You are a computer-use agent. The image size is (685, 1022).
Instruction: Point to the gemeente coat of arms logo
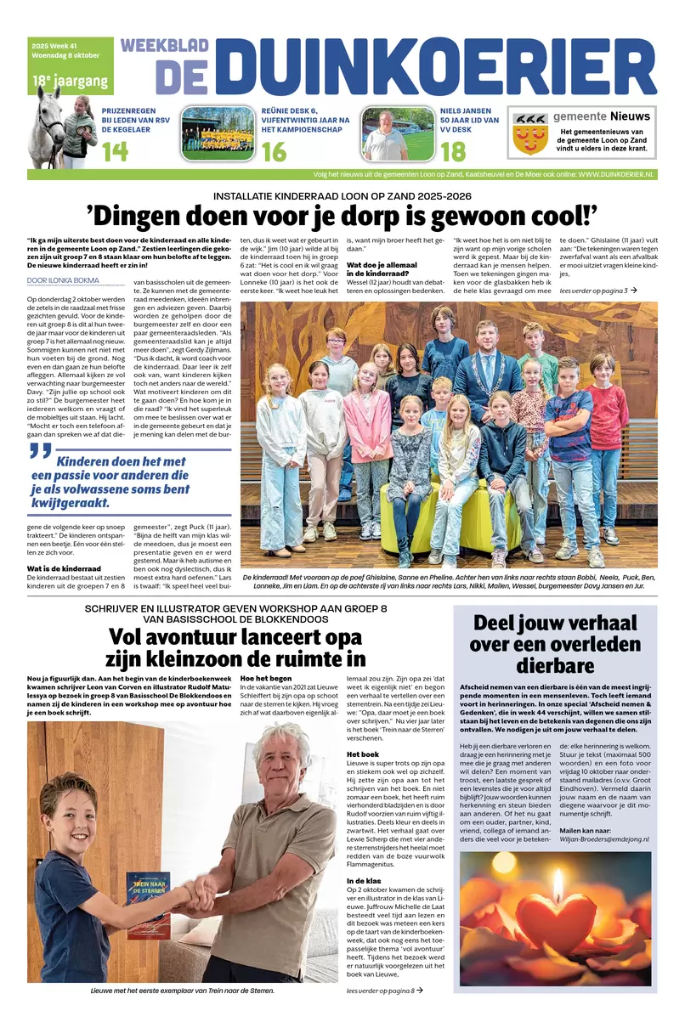pyautogui.click(x=530, y=134)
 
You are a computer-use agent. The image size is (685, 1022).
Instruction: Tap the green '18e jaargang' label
pyautogui.click(x=71, y=82)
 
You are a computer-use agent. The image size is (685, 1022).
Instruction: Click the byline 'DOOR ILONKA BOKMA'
pyautogui.click(x=63, y=279)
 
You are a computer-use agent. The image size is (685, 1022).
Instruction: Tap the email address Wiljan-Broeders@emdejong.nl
pyautogui.click(x=604, y=838)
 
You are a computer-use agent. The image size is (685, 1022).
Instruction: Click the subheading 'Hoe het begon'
pyautogui.click(x=266, y=679)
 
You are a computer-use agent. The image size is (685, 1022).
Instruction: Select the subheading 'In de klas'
pyautogui.click(x=365, y=881)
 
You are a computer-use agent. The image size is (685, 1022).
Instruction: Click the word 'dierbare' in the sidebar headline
pyautogui.click(x=556, y=664)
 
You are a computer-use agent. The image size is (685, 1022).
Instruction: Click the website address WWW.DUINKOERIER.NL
pyautogui.click(x=604, y=173)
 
